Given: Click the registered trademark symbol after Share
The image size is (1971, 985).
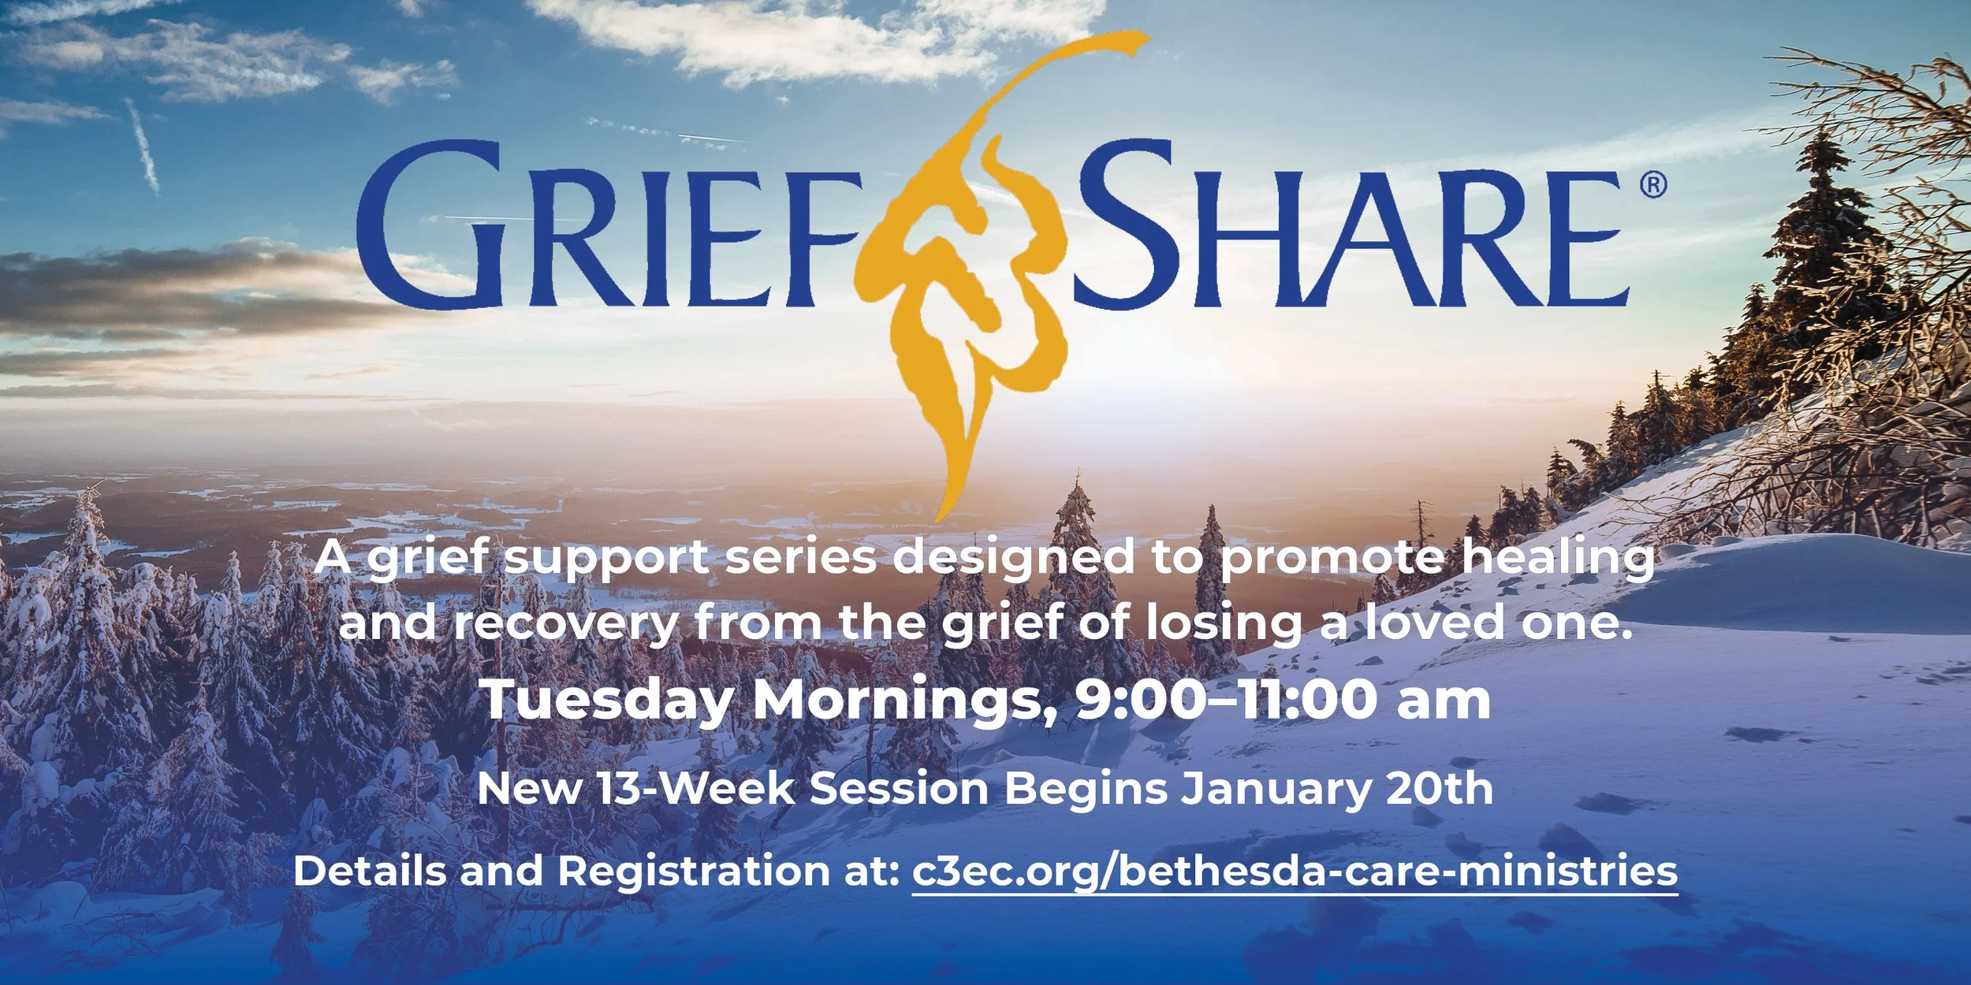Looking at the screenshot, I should [1653, 185].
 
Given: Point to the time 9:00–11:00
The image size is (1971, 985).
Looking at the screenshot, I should [1227, 699].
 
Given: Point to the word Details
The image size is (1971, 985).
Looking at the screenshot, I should [371, 872].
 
